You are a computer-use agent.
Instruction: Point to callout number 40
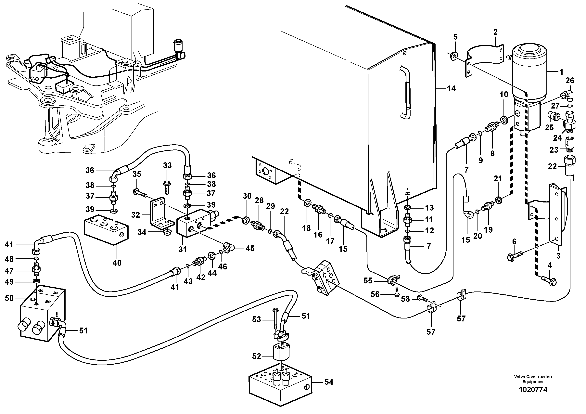[x=117, y=263]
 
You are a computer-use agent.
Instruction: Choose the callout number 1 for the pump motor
[x=561, y=72]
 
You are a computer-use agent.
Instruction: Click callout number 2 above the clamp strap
[x=496, y=32]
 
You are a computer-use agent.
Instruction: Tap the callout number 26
[x=570, y=81]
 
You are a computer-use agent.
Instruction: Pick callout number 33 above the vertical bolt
[x=167, y=165]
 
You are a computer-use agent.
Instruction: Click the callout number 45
[x=250, y=248]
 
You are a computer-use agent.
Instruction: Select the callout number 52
[x=257, y=356]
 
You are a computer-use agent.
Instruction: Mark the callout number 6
[x=514, y=241]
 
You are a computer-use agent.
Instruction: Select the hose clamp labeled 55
[x=393, y=279]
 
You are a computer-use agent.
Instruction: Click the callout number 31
[x=183, y=249]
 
